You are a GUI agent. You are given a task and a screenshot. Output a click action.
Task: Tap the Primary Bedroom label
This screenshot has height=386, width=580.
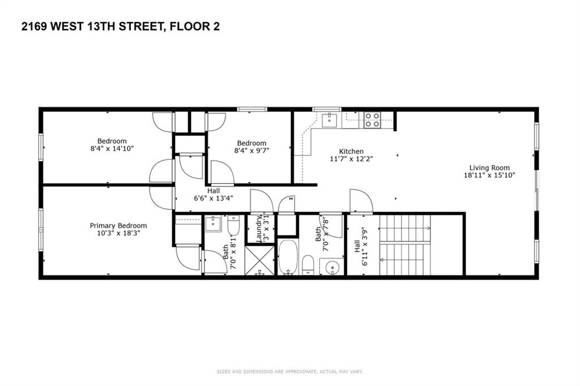(x=118, y=225)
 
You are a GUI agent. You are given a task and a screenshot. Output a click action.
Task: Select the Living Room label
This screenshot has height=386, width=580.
(x=489, y=168)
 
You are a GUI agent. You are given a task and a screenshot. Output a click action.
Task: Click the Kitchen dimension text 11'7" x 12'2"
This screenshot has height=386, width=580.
(x=351, y=159)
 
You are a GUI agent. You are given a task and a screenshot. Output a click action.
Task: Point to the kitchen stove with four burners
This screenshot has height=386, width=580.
(x=372, y=120)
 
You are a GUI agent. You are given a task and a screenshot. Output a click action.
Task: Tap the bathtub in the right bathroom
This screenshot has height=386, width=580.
(x=287, y=257)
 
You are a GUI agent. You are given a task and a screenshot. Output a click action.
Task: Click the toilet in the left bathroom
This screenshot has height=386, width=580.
(x=234, y=227)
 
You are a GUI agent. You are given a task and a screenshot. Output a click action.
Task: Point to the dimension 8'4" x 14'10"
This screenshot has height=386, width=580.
(x=112, y=149)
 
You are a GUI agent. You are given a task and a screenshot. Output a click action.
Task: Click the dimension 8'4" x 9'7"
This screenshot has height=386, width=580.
(x=251, y=151)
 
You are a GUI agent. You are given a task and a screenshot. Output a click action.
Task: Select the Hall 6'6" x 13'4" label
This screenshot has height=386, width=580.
(x=213, y=194)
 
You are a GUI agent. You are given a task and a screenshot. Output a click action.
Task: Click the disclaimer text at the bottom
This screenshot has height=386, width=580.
(x=289, y=372)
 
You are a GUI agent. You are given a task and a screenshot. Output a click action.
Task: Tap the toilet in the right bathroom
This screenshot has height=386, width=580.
(x=309, y=264)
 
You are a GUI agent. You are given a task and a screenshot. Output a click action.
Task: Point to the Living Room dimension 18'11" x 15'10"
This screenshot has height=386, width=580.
(x=489, y=176)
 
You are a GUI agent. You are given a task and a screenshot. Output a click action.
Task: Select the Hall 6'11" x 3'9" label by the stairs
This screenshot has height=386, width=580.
(x=361, y=245)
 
